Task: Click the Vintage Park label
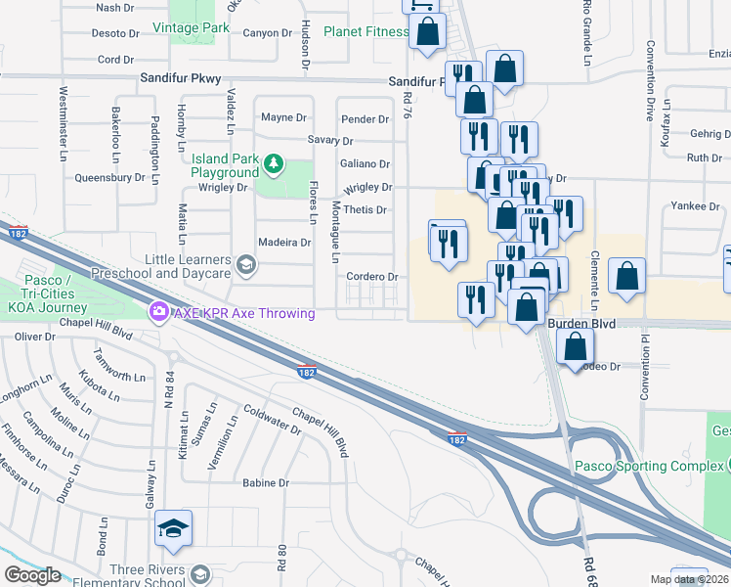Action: pos(198,29)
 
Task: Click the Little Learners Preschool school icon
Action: pos(246,262)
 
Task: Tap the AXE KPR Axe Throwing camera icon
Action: pos(157,312)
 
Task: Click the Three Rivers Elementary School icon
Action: pos(201,573)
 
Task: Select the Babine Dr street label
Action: pos(266,483)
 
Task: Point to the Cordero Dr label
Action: pos(372,277)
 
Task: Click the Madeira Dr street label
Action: pos(283,243)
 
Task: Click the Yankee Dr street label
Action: pos(695,206)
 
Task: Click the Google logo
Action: pos(31,574)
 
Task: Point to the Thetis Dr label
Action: pos(365,210)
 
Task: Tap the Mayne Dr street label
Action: pos(283,117)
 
